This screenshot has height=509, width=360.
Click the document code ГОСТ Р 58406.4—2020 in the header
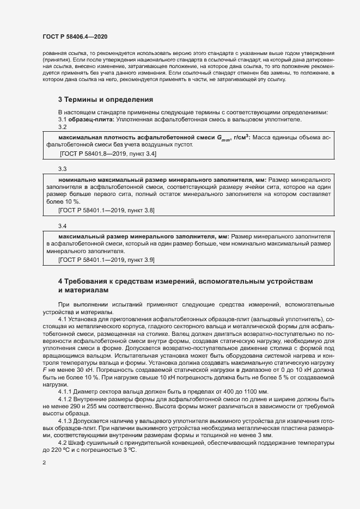point(74,36)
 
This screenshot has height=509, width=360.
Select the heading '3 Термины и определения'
point(105,100)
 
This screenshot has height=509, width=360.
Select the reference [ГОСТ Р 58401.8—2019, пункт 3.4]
point(108,154)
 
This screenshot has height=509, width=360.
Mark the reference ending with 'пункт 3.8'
point(108,210)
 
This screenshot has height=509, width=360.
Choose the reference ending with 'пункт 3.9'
point(108,260)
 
